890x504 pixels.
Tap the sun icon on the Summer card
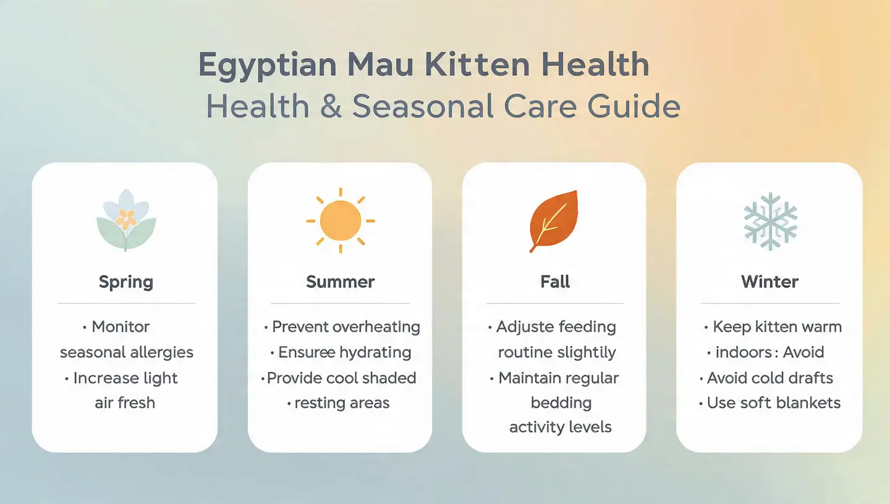pos(341,220)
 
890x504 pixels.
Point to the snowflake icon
pos(770,220)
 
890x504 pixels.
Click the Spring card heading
pos(126,282)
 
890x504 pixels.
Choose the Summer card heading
pos(341,282)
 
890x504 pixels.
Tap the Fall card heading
pos(555,282)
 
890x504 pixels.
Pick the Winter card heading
pos(770,282)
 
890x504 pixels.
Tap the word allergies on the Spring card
pos(163,352)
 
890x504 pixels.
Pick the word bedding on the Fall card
pos(561,403)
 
